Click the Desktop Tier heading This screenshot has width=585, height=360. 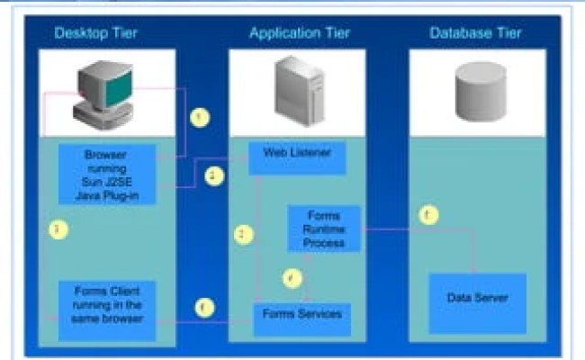click(96, 33)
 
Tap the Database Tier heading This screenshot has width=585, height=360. click(475, 33)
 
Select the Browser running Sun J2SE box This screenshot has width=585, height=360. click(107, 172)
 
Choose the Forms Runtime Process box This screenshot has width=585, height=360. click(323, 229)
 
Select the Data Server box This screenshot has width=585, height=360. click(476, 297)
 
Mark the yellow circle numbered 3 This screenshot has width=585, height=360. click(58, 230)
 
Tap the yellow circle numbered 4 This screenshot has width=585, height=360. click(290, 279)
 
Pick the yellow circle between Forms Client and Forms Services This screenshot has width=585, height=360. click(205, 308)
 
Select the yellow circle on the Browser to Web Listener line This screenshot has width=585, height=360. click(212, 176)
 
